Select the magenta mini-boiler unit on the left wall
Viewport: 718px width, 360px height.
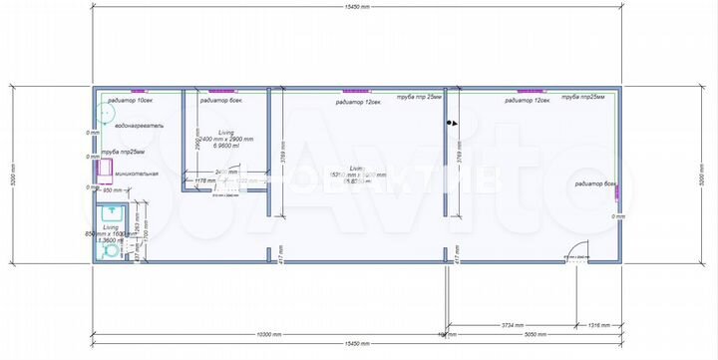(x=103, y=172)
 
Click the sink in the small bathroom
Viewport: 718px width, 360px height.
(x=113, y=212)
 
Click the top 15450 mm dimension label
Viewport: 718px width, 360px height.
(x=356, y=8)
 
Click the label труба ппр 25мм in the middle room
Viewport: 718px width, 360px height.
(x=419, y=98)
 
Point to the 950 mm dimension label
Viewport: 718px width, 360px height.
(x=112, y=189)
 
